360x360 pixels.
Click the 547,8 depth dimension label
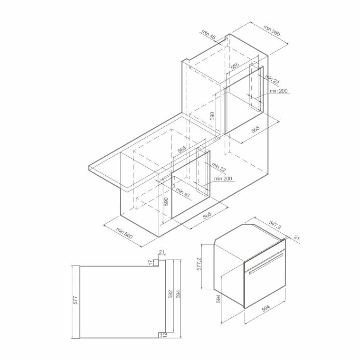275,225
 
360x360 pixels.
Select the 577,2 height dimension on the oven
199,264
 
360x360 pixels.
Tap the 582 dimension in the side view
171,294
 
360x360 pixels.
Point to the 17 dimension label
150,262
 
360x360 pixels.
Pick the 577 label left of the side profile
76,300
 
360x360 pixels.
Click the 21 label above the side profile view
161,252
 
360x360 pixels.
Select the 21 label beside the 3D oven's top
297,238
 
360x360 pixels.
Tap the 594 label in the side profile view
178,294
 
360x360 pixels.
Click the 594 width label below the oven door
265,308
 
